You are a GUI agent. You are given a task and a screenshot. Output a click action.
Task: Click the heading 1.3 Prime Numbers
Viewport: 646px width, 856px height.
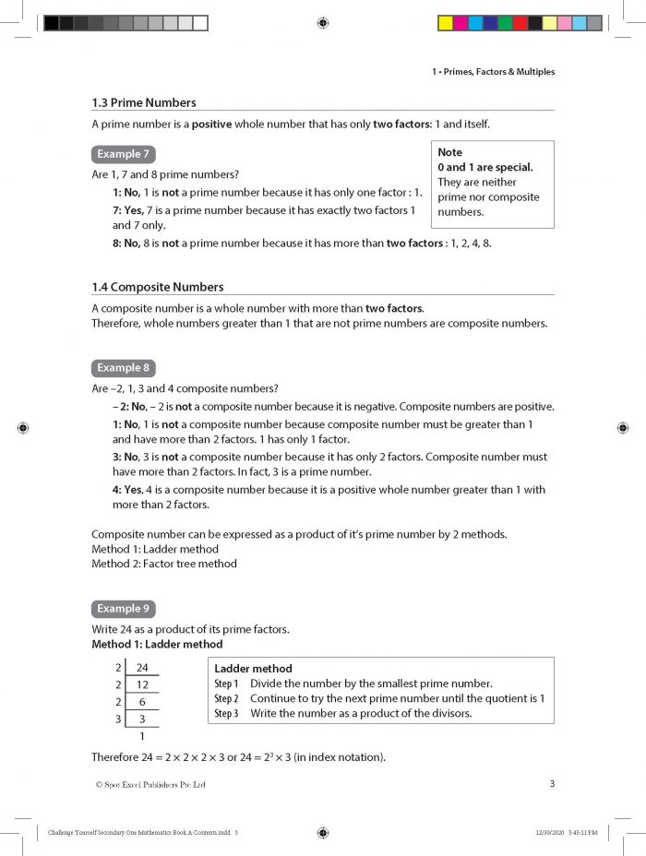coord(143,102)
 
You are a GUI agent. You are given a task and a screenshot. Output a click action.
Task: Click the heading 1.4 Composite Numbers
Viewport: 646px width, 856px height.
coord(157,287)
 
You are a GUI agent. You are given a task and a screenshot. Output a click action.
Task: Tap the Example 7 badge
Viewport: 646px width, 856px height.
coord(123,154)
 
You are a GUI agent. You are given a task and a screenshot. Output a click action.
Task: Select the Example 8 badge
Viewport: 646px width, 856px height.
coord(123,367)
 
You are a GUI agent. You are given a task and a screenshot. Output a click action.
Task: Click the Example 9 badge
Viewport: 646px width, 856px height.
coord(123,609)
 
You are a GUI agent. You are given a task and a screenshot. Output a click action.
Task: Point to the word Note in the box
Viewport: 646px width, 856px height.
coord(449,152)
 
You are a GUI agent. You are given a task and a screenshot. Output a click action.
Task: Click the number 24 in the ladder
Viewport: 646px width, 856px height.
coord(141,667)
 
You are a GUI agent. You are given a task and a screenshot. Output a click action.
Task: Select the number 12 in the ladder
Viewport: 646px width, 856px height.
coord(141,684)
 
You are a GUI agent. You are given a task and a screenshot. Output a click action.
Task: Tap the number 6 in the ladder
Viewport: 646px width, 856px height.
coord(141,702)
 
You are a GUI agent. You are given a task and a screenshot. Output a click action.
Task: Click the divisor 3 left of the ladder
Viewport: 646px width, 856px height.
coord(117,719)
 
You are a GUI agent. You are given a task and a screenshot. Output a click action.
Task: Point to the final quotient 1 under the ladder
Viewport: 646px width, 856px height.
coord(141,736)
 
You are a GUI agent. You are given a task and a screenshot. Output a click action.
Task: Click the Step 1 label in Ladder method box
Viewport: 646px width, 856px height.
coord(226,684)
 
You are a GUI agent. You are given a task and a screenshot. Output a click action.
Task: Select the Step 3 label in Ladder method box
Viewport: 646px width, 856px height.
coord(226,713)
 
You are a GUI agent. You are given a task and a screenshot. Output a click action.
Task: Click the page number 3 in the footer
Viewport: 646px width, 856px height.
coord(551,784)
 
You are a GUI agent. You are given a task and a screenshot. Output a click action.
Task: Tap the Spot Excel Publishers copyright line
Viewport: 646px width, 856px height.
coord(150,785)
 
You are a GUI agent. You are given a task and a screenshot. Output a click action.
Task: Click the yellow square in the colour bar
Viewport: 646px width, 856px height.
coord(445,23)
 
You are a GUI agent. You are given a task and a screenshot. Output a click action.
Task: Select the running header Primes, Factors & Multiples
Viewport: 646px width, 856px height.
coord(493,72)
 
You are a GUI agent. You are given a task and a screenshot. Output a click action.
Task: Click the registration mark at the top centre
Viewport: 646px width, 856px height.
coord(322,23)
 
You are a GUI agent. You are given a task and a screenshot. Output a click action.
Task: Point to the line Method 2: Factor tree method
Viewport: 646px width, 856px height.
coord(163,564)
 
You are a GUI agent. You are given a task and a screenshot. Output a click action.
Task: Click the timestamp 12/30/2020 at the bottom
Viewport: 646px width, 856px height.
coord(550,833)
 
